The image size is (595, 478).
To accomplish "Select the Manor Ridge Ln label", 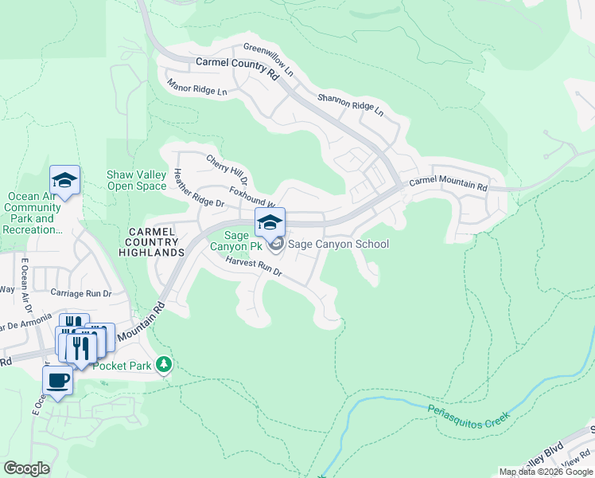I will [196, 87].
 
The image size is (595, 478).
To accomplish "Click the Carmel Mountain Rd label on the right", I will [448, 183].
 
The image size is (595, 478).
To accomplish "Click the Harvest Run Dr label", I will [254, 266].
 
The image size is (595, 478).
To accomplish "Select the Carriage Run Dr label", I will [81, 292].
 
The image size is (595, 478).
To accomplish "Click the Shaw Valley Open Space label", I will [136, 181].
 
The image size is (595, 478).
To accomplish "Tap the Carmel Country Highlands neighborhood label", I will [156, 241].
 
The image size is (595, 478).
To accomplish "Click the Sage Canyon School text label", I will [338, 244].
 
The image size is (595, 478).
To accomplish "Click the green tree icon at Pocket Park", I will [164, 364].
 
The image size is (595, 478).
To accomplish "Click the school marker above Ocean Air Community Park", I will [64, 180].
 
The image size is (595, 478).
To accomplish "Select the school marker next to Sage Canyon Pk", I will [270, 222].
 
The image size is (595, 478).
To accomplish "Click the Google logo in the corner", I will [26, 468].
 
